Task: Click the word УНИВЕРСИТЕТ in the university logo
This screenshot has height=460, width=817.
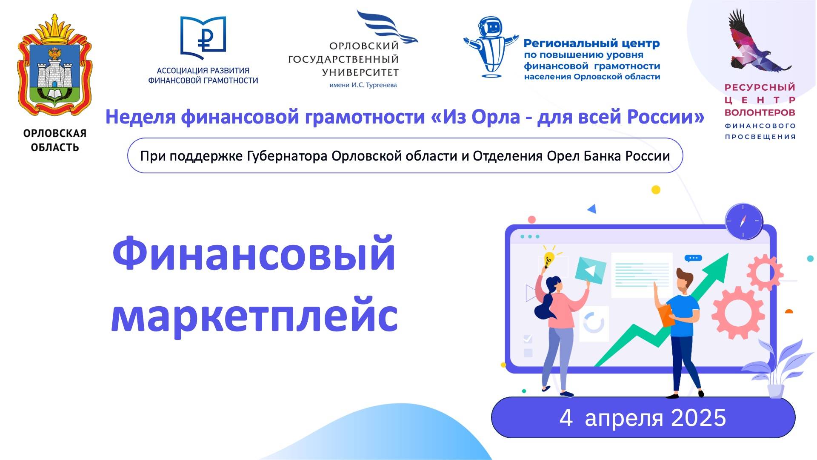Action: pyautogui.click(x=360, y=73)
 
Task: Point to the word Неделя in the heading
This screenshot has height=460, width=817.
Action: pyautogui.click(x=140, y=117)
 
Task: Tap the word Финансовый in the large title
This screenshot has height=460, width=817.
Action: pyautogui.click(x=254, y=254)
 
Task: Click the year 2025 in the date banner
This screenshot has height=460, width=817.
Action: pyautogui.click(x=698, y=418)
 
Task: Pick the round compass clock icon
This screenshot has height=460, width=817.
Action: pyautogui.click(x=744, y=221)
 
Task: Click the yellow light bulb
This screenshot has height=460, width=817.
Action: pyautogui.click(x=549, y=258)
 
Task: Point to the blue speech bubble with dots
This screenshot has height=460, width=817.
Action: pyautogui.click(x=693, y=258)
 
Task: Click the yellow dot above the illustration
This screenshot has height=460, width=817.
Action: pyautogui.click(x=656, y=190)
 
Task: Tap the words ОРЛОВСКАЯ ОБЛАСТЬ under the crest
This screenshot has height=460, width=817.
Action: pyautogui.click(x=54, y=140)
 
